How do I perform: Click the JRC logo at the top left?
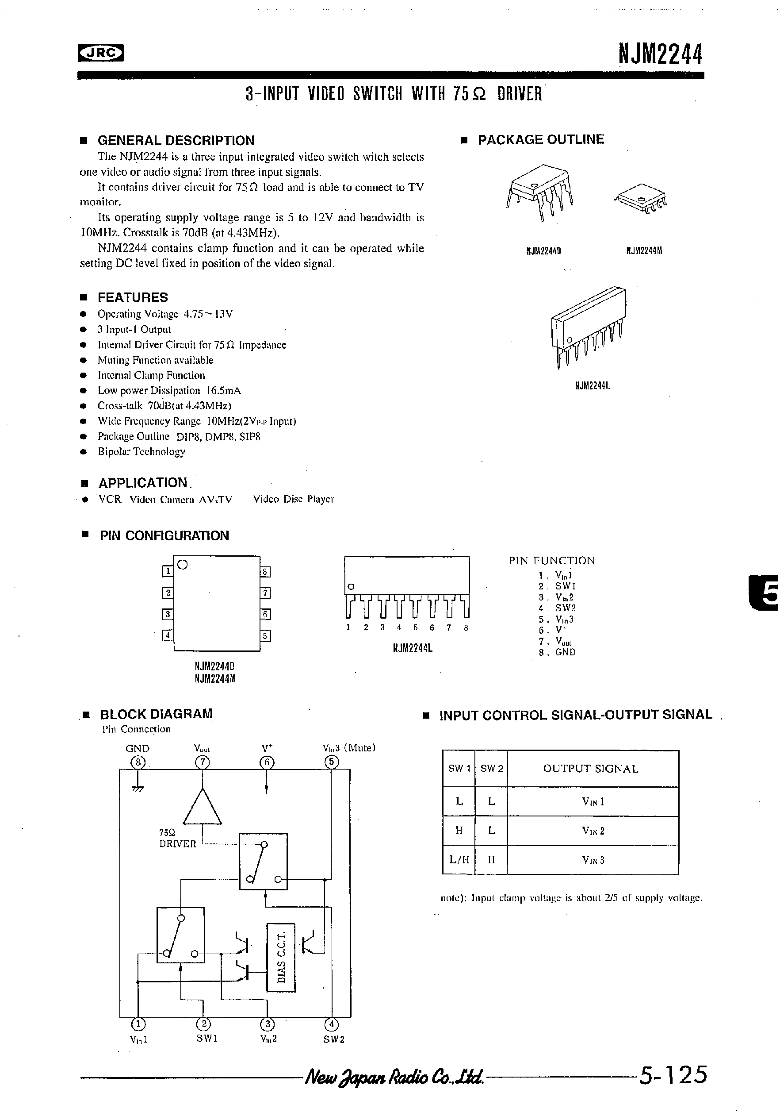(100, 53)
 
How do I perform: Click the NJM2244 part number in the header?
(661, 54)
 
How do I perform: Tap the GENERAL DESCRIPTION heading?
(176, 140)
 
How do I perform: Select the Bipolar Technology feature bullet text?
(141, 452)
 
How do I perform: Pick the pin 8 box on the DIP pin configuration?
(265, 572)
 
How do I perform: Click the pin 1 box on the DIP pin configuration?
(168, 571)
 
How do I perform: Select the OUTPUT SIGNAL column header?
(590, 769)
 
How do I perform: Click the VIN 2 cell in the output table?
(593, 831)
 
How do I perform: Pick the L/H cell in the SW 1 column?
(459, 859)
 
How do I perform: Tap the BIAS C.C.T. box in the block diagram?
(281, 957)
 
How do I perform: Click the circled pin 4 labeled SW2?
(332, 1024)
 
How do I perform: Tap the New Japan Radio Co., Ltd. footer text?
(394, 1076)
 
